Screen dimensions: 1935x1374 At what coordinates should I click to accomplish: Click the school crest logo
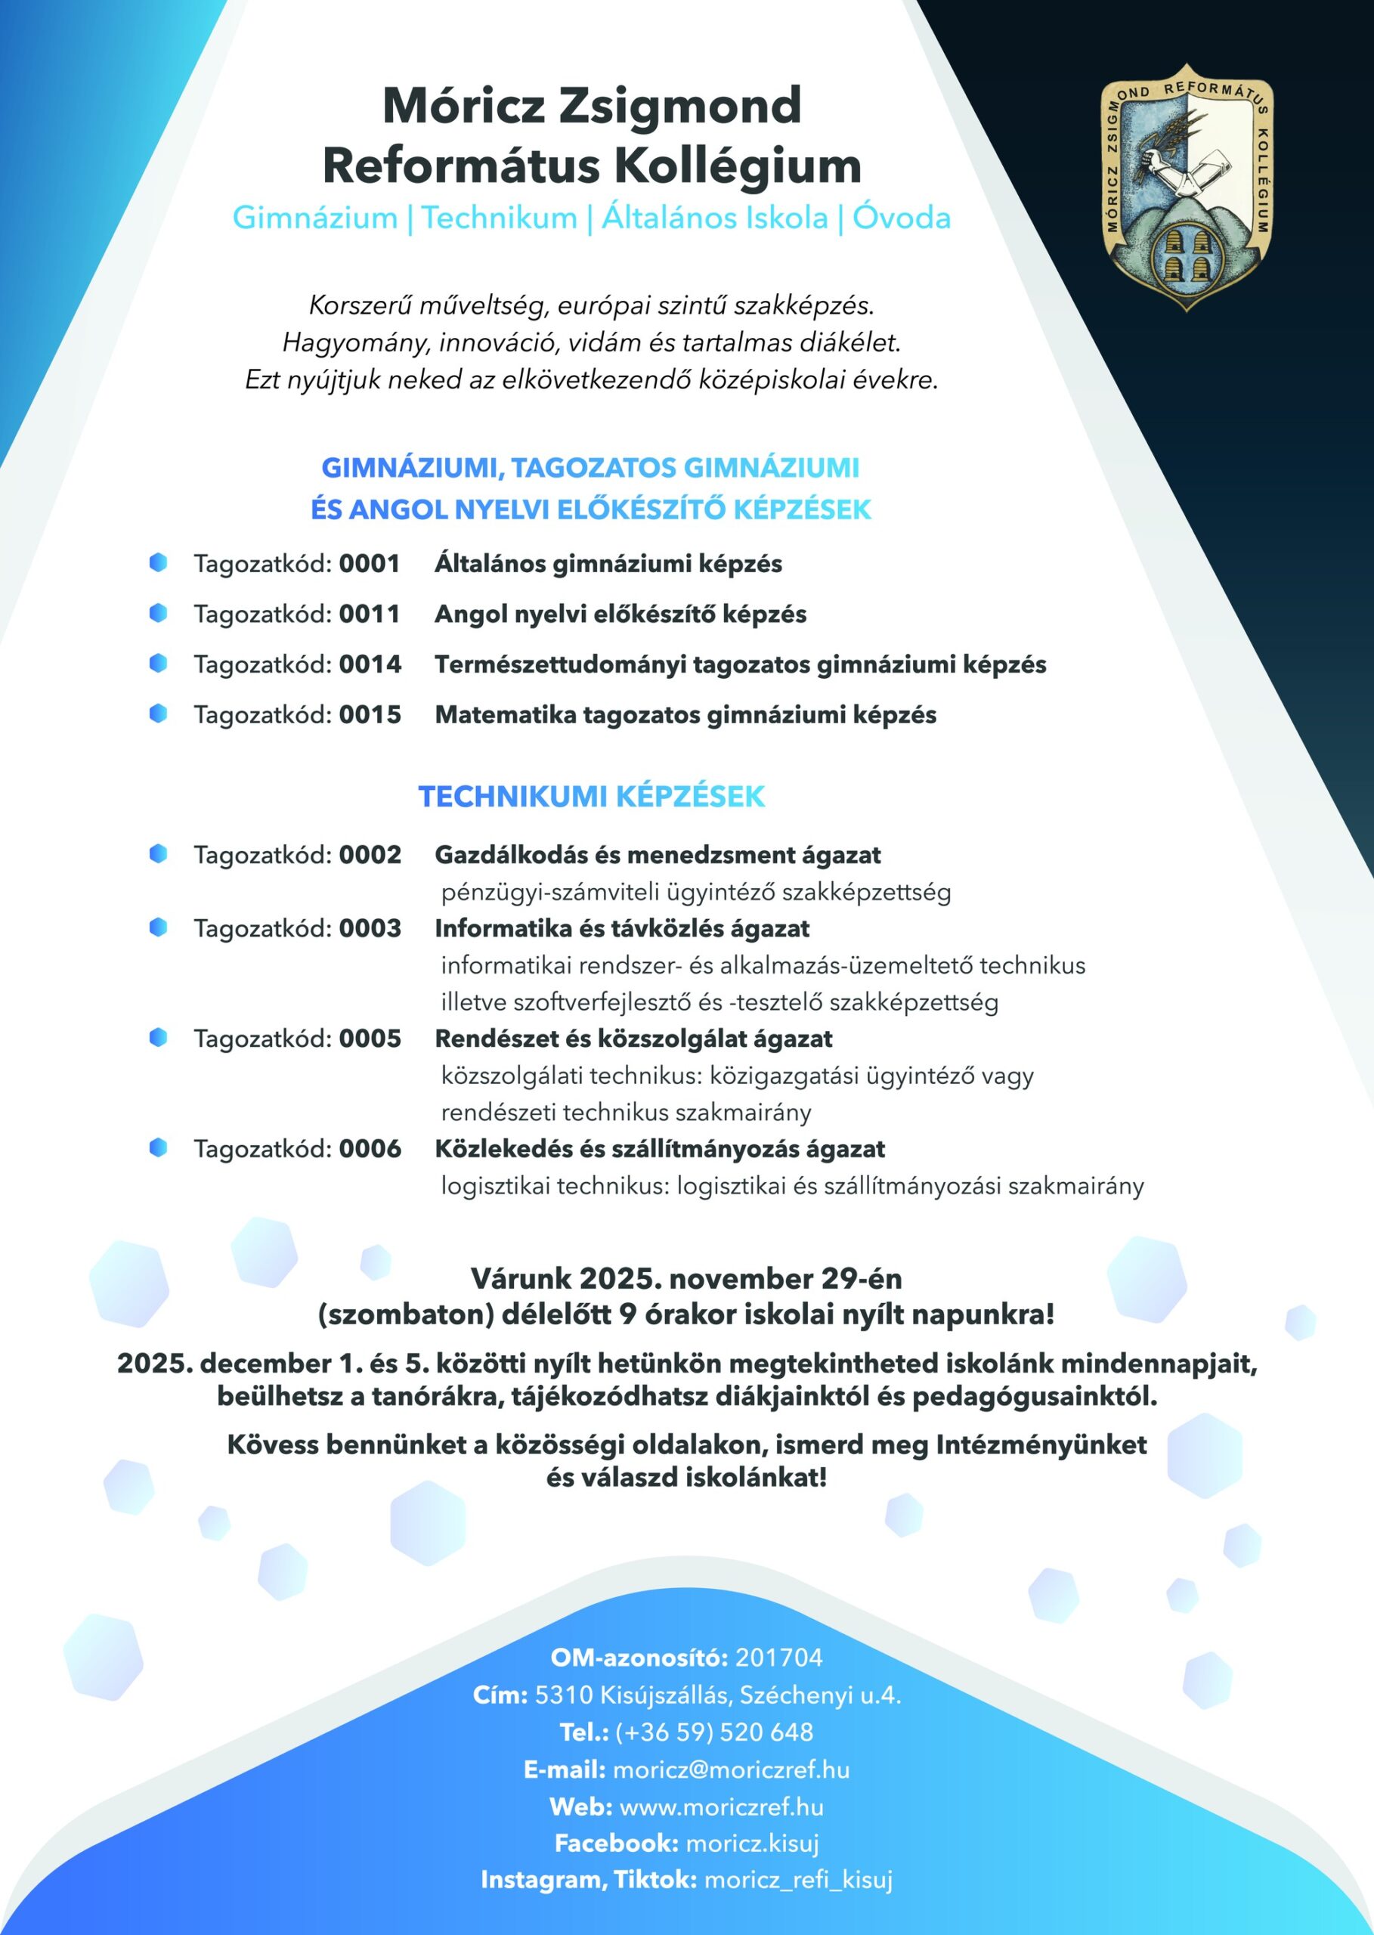click(1186, 186)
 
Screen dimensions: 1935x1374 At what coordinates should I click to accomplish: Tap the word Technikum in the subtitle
click(499, 218)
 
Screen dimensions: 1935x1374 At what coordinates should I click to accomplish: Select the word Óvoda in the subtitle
click(901, 218)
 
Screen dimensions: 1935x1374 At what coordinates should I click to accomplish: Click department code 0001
click(370, 564)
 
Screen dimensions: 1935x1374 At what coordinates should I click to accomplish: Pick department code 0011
click(370, 615)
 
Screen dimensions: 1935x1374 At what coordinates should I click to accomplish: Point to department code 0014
click(370, 665)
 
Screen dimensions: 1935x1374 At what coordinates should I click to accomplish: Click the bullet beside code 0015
click(158, 714)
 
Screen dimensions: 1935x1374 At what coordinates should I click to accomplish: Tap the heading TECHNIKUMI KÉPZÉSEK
click(592, 797)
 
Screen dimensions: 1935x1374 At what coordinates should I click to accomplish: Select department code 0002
click(370, 856)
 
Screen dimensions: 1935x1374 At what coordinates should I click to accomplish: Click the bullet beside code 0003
click(158, 927)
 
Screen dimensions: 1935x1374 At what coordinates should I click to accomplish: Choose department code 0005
click(370, 1039)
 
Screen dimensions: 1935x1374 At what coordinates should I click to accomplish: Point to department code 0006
click(370, 1149)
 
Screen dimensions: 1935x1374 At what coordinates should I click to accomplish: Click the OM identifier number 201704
click(778, 1658)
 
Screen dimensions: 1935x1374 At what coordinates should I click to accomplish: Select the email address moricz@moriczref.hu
click(731, 1770)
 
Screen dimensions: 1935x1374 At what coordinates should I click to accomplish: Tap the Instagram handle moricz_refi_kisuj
click(798, 1880)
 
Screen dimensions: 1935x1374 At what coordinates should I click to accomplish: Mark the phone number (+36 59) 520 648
click(713, 1732)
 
